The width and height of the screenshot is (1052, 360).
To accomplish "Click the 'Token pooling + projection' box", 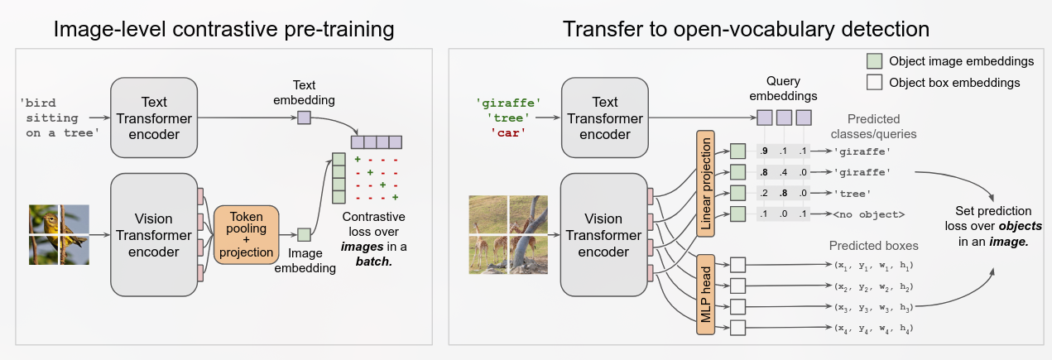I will click(246, 234).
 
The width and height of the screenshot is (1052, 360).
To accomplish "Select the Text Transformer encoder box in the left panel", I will click(154, 117).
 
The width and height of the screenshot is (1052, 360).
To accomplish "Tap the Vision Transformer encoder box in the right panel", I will click(603, 235).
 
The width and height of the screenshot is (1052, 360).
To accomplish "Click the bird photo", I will click(58, 235).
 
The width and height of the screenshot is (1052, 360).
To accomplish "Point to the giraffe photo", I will click(507, 234).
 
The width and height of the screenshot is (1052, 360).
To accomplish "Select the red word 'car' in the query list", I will click(508, 132).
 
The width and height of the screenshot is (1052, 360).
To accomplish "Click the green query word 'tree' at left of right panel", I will click(508, 118).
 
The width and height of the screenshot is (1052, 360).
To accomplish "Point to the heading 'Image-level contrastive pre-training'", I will click(223, 30).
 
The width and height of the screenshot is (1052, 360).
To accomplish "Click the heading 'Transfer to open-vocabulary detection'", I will click(746, 30).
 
